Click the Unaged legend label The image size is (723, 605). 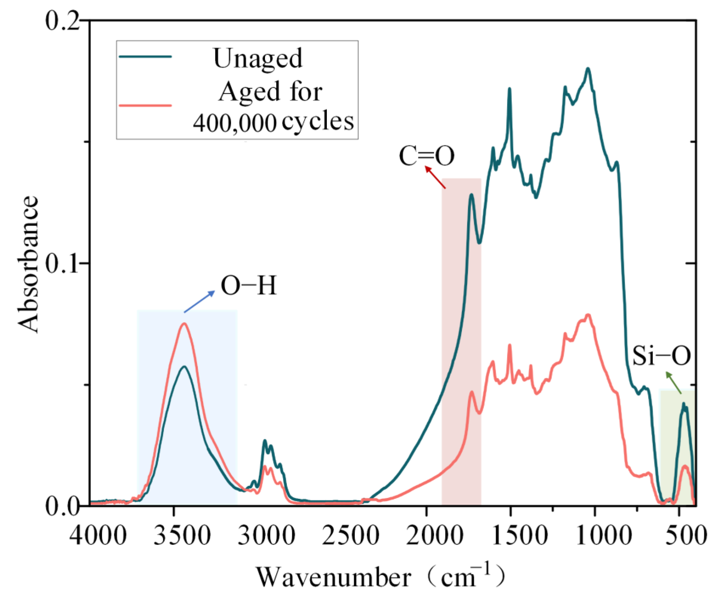(x=258, y=59)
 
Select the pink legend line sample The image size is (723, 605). (x=146, y=105)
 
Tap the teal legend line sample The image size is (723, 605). (x=146, y=57)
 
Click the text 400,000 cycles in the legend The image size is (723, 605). (x=273, y=122)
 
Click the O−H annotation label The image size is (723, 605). (x=249, y=285)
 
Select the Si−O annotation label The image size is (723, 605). (x=661, y=355)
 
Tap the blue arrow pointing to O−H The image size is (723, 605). (x=199, y=302)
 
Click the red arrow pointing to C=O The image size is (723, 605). (x=435, y=177)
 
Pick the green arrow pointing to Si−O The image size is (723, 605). (x=673, y=383)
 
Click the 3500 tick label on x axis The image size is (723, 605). (x=182, y=535)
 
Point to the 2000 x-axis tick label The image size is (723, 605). (x=434, y=535)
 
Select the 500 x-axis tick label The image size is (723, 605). (x=686, y=535)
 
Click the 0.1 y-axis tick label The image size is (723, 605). (x=62, y=263)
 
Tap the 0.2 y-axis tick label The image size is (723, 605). (x=62, y=21)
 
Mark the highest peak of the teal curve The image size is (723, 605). (x=588, y=69)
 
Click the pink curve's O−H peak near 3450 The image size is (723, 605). (x=184, y=323)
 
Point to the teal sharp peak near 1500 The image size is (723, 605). (x=509, y=89)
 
